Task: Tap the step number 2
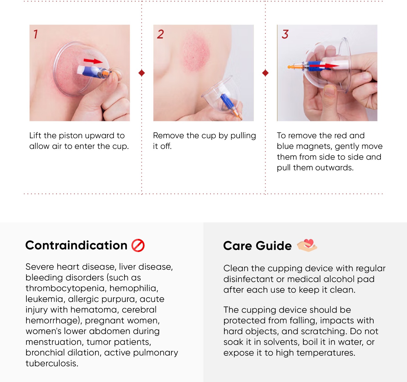click(x=160, y=34)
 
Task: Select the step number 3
click(x=285, y=34)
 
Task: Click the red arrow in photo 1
click(x=93, y=61)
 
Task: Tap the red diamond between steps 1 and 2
click(x=142, y=73)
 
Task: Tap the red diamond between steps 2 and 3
click(x=265, y=73)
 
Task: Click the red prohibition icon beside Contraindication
click(x=138, y=245)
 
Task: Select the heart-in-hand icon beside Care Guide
click(x=307, y=245)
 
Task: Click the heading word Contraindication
click(x=76, y=245)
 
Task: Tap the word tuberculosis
click(x=52, y=363)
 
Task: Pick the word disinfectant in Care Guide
click(x=254, y=279)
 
